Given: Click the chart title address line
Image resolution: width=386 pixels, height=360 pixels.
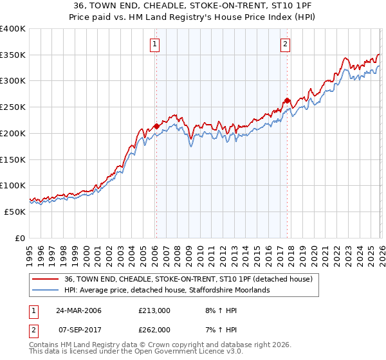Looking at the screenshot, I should pyautogui.click(x=193, y=6).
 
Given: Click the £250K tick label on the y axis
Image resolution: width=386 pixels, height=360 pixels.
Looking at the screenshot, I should pyautogui.click(x=13, y=107).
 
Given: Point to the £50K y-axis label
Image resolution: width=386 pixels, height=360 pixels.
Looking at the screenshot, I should pyautogui.click(x=15, y=212).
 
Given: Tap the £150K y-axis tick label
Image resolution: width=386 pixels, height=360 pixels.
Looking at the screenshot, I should pyautogui.click(x=13, y=159).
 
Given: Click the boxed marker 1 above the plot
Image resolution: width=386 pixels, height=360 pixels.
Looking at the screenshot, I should pyautogui.click(x=156, y=44).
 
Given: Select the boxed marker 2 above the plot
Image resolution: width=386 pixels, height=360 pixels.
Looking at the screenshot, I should pyautogui.click(x=285, y=44).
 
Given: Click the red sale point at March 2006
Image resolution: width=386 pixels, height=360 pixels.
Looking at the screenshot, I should pyautogui.click(x=156, y=126).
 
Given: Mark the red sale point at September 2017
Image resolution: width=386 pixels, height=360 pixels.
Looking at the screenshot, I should pyautogui.click(x=286, y=100).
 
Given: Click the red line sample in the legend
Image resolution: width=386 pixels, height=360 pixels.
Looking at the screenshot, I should pyautogui.click(x=46, y=279).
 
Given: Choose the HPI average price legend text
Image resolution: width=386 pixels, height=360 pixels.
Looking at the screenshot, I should pyautogui.click(x=167, y=290).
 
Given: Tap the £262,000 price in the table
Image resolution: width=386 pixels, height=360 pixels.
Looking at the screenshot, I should pyautogui.click(x=154, y=329).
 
